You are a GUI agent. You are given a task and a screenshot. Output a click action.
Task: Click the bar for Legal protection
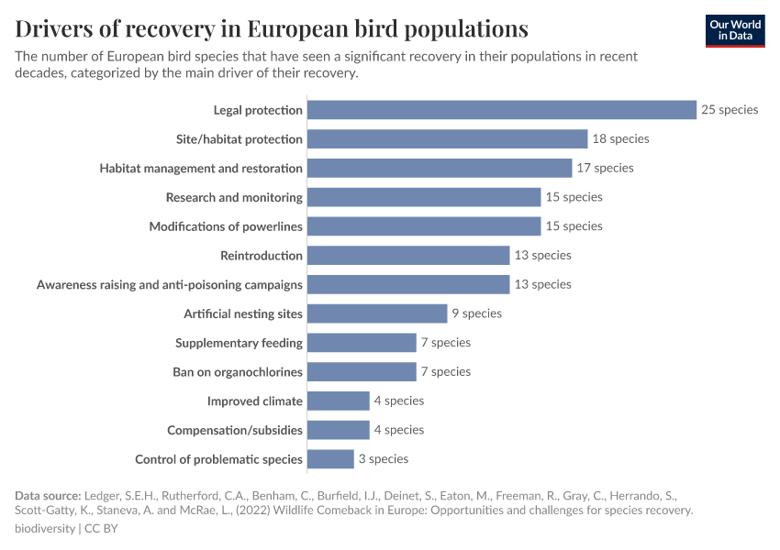pyautogui.click(x=502, y=110)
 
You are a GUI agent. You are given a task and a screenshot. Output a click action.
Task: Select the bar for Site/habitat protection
pyautogui.click(x=447, y=139)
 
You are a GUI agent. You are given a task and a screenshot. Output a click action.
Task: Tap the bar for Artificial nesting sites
pyautogui.click(x=377, y=313)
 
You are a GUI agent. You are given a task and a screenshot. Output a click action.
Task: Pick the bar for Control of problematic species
pyautogui.click(x=330, y=459)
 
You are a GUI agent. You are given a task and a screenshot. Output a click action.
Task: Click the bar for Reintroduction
pyautogui.click(x=408, y=256)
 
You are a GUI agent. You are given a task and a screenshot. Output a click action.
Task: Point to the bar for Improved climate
pyautogui.click(x=338, y=401)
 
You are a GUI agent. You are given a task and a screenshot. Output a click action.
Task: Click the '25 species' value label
pyautogui.click(x=730, y=110)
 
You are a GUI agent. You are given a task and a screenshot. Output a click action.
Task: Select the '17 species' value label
pyautogui.click(x=605, y=168)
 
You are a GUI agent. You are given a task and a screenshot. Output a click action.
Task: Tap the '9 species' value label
pyautogui.click(x=476, y=313)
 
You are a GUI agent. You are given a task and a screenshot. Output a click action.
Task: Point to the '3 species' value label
pyautogui.click(x=384, y=458)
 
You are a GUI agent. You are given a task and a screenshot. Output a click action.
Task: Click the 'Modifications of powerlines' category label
pyautogui.click(x=226, y=226)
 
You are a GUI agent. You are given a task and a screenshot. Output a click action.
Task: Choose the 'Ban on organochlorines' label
pyautogui.click(x=238, y=372)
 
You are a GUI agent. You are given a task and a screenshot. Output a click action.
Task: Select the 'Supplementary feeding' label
pyautogui.click(x=239, y=343)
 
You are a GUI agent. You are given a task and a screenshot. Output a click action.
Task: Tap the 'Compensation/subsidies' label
pyautogui.click(x=235, y=430)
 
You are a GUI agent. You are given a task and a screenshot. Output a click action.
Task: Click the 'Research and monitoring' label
pyautogui.click(x=234, y=197)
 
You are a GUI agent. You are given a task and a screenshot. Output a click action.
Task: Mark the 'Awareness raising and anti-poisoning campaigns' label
pyautogui.click(x=170, y=285)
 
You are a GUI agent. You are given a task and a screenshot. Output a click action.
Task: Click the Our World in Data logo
pyautogui.click(x=734, y=30)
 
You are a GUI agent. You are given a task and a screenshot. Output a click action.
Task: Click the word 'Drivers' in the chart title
pyautogui.click(x=57, y=28)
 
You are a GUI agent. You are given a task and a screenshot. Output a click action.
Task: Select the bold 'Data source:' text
pyautogui.click(x=48, y=496)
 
